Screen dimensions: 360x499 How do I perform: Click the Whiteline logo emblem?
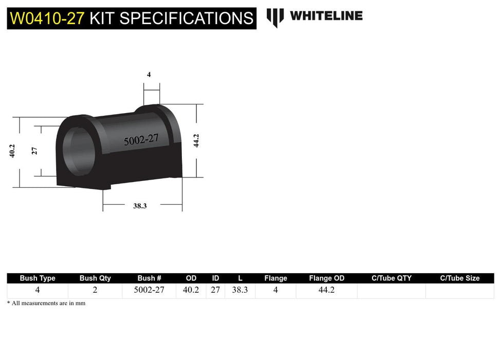(x=275, y=17)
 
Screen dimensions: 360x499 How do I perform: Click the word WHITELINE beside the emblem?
(x=326, y=16)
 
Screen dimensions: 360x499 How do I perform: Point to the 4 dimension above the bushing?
(x=149, y=75)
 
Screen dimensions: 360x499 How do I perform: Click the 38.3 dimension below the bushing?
(x=140, y=206)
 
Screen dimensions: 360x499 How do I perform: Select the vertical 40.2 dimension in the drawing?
(x=12, y=151)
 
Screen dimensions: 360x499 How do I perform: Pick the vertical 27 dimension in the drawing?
(x=34, y=151)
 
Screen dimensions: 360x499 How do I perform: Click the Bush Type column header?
(x=38, y=278)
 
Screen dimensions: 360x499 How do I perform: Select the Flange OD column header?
(x=327, y=278)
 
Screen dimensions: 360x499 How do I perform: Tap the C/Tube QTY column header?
(x=392, y=278)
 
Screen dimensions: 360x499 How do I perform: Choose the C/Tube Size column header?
(x=459, y=278)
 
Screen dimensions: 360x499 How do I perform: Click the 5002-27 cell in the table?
(x=149, y=290)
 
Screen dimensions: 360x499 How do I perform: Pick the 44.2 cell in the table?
(x=327, y=290)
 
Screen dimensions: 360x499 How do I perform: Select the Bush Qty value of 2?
(x=95, y=290)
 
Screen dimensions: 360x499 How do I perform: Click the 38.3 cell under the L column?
(x=240, y=290)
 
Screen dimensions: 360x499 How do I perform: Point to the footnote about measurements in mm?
(x=46, y=303)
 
